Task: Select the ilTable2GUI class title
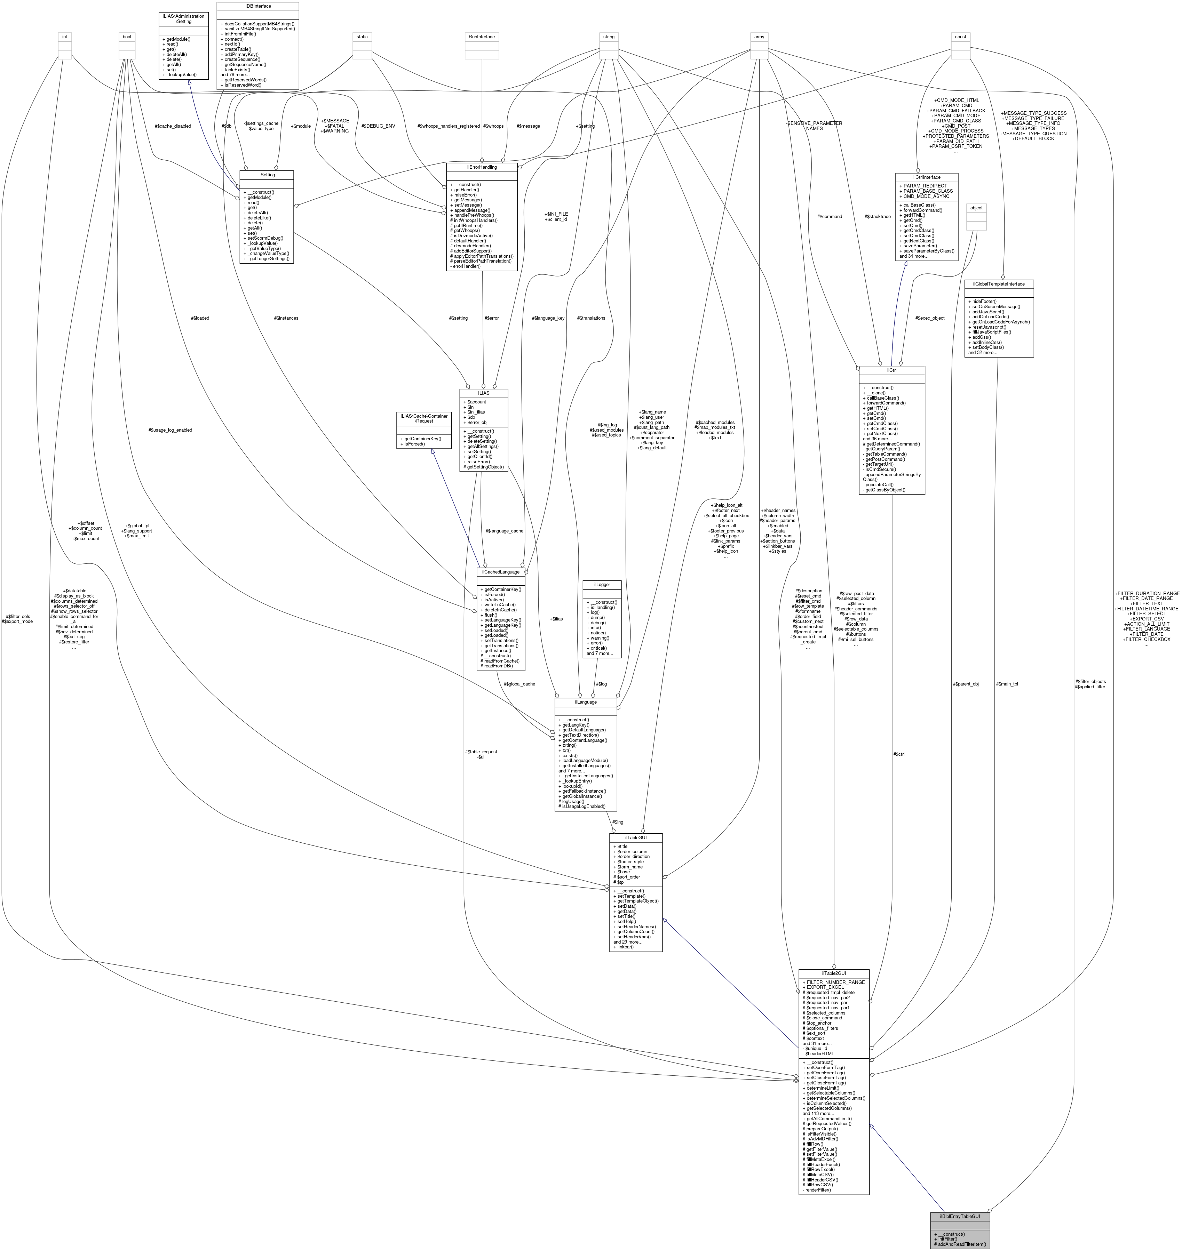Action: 834,973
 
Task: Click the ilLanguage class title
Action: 585,702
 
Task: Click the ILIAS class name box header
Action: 483,392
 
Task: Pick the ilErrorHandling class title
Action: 481,167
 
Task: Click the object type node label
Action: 976,208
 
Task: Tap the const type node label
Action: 960,37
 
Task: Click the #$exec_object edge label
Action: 929,318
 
